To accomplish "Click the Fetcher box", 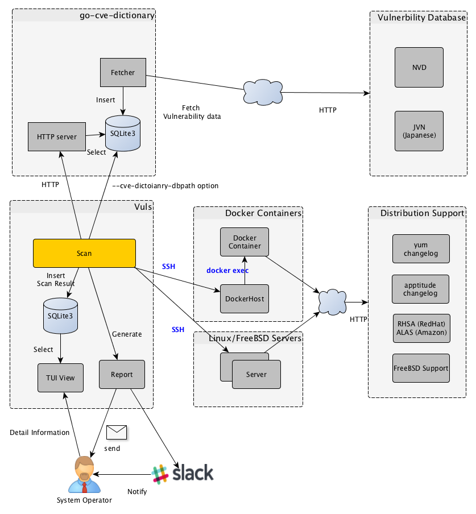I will pos(123,73).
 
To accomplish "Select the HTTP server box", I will pos(57,136).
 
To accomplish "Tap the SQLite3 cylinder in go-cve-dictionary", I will pos(123,134).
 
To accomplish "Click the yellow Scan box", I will pos(84,253).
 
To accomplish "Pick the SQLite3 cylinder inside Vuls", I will pos(60,316).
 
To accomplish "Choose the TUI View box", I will pos(60,378).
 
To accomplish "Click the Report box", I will pos(122,374).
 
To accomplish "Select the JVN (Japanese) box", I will pos(419,131).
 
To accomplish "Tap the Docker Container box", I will pos(245,242).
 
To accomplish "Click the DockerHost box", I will pos(245,299).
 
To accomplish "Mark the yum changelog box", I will pos(421,249).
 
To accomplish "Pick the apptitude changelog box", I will pos(421,289).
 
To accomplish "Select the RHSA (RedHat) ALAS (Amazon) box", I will pos(421,328).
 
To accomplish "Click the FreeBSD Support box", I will pos(421,368).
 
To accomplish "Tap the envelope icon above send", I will pos(116,433).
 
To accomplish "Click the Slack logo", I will pos(183,473).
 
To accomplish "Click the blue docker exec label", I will pos(227,270).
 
